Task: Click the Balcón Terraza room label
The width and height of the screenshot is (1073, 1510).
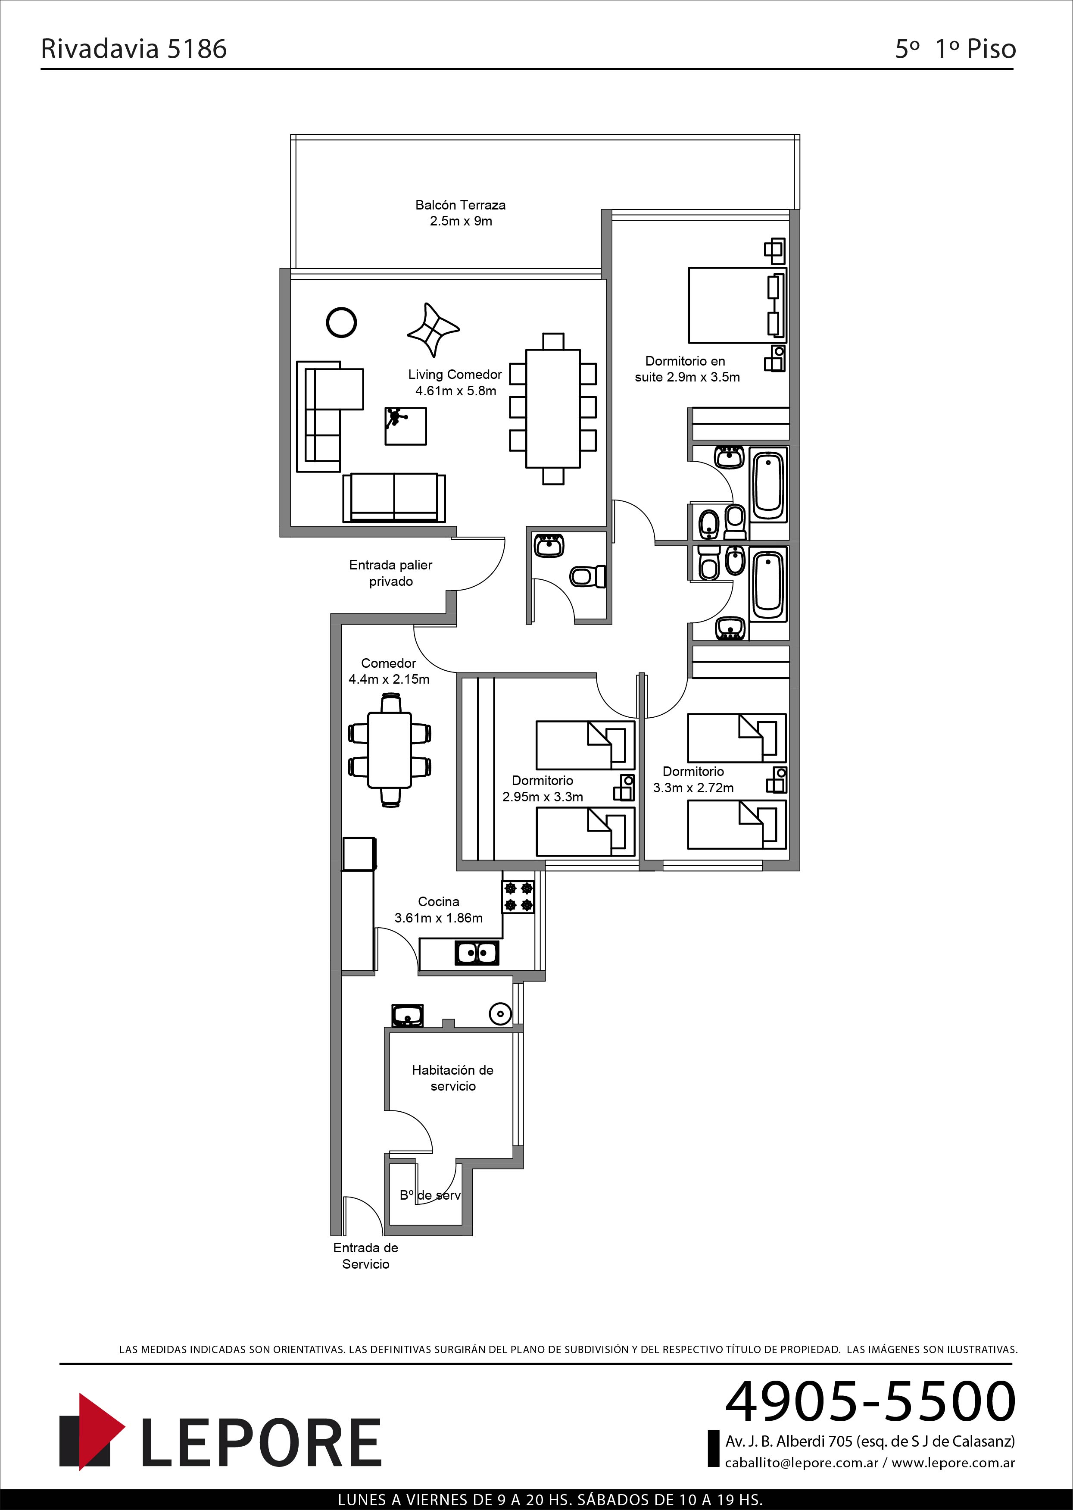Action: pos(461,213)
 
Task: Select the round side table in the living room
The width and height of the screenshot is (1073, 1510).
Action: pos(342,322)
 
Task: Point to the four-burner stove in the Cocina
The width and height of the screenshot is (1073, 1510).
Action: pos(519,897)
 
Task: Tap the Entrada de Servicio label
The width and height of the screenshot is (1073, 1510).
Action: pos(365,1256)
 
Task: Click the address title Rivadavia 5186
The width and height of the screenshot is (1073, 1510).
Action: pos(134,48)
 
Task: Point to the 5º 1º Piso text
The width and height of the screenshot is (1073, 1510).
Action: pos(955,48)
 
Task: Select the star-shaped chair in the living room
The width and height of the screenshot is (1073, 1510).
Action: pos(433,330)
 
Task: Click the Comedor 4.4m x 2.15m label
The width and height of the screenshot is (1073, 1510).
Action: pos(389,671)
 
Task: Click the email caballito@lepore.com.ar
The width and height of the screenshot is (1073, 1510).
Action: pos(802,1463)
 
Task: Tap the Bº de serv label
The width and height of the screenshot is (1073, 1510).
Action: pos(430,1195)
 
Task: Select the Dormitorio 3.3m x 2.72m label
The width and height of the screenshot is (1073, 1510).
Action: pos(693,779)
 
